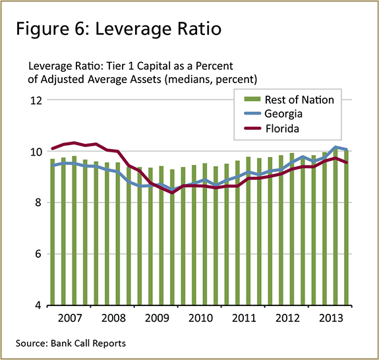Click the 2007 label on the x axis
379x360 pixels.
coord(70,318)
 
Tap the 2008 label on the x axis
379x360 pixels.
coord(113,318)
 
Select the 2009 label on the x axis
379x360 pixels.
coord(157,318)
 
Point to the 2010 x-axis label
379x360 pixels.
coord(200,318)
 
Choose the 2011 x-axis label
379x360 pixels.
coord(244,318)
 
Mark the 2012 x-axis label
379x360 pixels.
coord(287,318)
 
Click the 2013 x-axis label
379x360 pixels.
coord(331,318)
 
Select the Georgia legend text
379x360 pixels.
coord(285,114)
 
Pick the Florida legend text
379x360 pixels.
coord(283,129)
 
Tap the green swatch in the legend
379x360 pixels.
coord(253,100)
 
